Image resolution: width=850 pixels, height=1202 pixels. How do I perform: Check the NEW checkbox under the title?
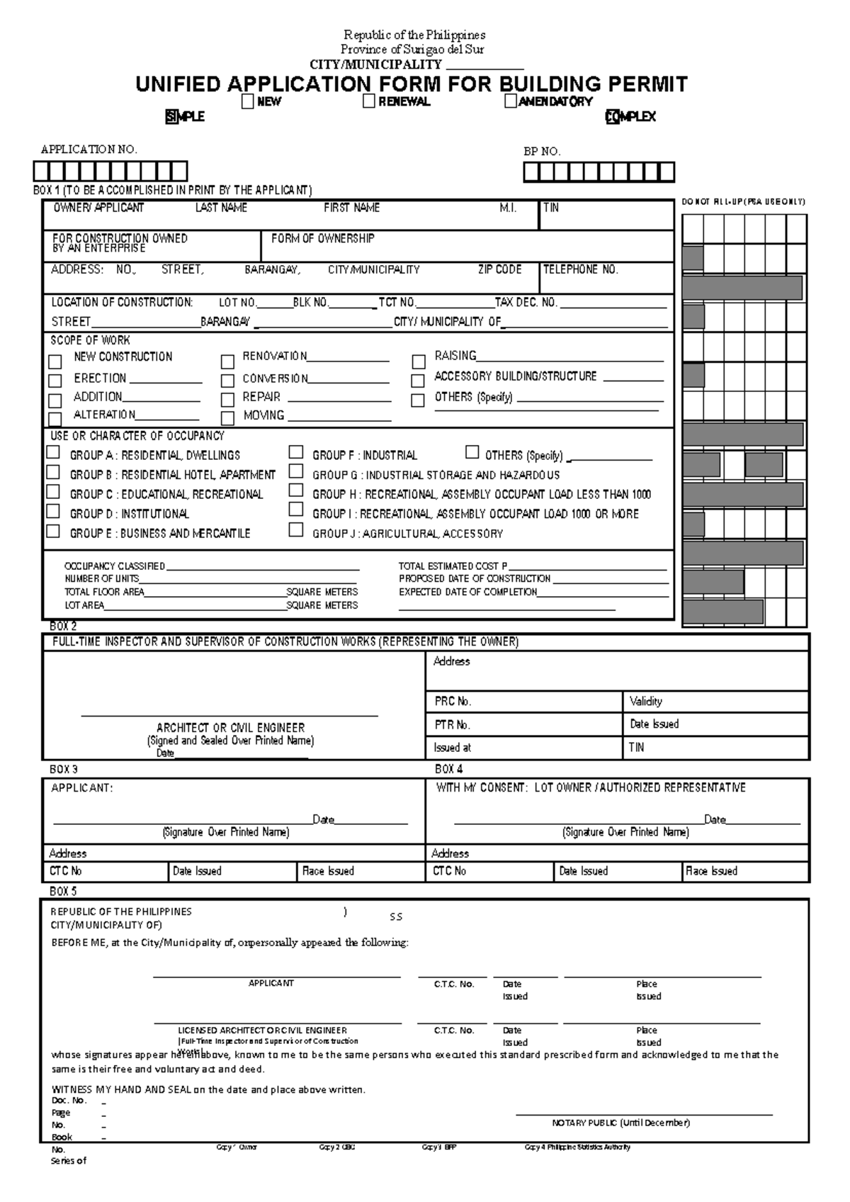[247, 102]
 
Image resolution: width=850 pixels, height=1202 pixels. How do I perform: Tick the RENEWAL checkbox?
[369, 102]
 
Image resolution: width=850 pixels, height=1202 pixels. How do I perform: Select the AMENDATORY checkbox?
[511, 102]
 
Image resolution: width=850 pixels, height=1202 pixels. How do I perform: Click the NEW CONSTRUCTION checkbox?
[55, 362]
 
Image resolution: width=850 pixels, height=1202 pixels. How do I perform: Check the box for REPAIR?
[227, 400]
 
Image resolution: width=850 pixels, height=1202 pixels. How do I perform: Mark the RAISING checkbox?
[419, 361]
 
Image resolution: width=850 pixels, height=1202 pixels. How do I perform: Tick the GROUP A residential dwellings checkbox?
[53, 452]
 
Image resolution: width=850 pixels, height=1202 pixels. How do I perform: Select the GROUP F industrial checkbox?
[296, 452]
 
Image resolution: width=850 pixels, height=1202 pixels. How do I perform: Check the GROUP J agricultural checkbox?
[296, 530]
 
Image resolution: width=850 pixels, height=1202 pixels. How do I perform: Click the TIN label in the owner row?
[551, 208]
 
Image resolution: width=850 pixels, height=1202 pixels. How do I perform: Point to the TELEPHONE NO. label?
[580, 270]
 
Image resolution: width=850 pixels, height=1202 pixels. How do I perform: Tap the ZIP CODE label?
[499, 270]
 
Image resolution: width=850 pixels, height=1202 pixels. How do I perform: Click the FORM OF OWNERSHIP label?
[322, 239]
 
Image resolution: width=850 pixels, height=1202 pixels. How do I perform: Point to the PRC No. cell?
[453, 702]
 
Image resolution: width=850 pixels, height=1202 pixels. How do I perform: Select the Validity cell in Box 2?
[646, 702]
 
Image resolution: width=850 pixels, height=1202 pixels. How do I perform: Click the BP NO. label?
[542, 151]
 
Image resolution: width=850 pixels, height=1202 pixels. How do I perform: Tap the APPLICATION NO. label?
[89, 150]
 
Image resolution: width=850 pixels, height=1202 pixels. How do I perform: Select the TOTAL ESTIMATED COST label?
[453, 566]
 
